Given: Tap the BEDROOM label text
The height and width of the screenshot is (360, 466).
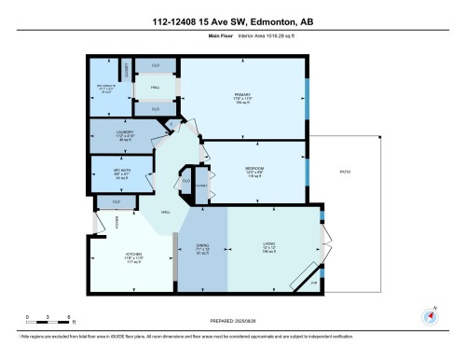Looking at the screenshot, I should [254, 169].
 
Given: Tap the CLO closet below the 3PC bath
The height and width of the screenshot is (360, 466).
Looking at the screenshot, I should [116, 201].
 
